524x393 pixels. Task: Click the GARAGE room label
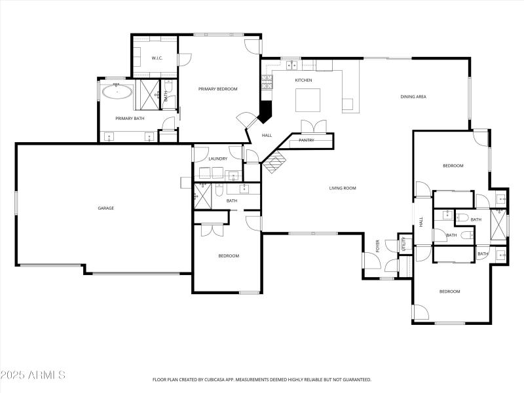[106, 208]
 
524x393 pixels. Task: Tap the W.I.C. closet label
[157, 58]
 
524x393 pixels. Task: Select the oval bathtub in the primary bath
[118, 92]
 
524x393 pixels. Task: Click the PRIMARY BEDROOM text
[218, 88]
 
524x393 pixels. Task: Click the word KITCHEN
[303, 80]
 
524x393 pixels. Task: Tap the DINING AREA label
[413, 97]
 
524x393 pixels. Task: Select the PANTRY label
[307, 140]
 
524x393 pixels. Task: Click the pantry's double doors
[313, 126]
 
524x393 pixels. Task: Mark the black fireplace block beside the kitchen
[265, 111]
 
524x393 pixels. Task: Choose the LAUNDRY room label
[217, 159]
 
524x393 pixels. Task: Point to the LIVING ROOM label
[342, 189]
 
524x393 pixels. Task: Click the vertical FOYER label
[378, 246]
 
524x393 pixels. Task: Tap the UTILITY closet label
[404, 245]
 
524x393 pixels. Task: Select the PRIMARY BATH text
[130, 119]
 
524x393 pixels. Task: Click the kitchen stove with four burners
[267, 82]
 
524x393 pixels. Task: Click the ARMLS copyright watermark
[33, 375]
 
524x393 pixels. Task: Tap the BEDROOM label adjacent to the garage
[229, 255]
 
